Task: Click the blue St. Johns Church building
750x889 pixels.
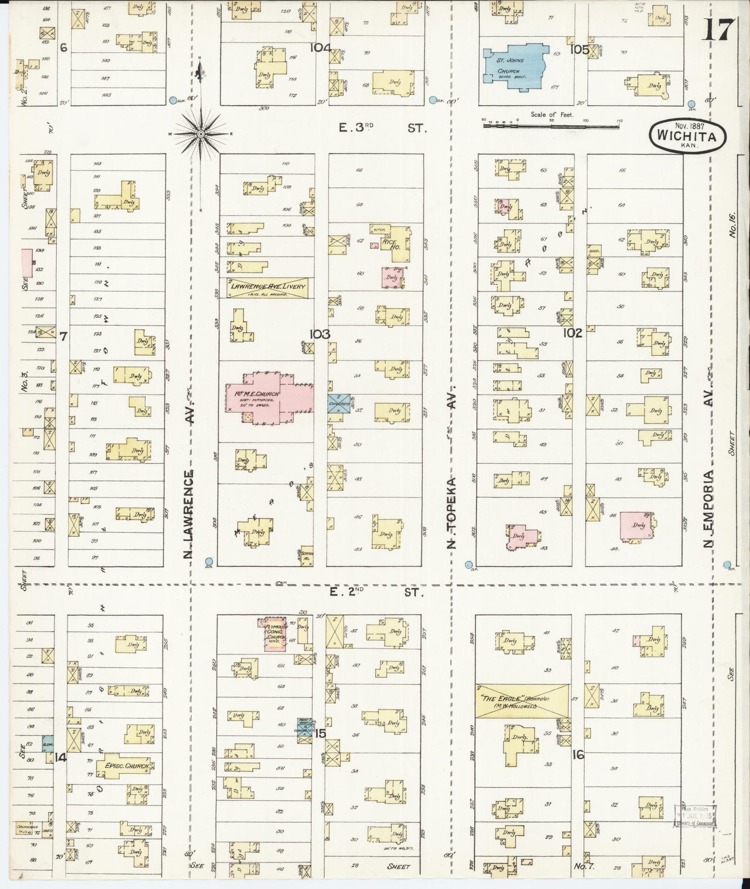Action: pyautogui.click(x=514, y=63)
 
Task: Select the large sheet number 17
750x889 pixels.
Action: pyautogui.click(x=719, y=30)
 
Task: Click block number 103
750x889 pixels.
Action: pyautogui.click(x=319, y=334)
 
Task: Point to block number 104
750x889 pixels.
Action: pyautogui.click(x=320, y=48)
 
